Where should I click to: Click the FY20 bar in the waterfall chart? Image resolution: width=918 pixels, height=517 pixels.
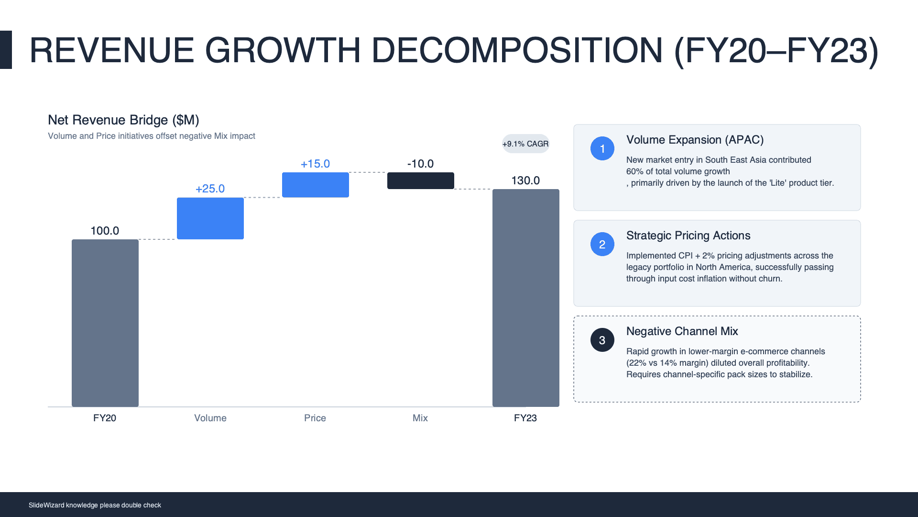pyautogui.click(x=105, y=323)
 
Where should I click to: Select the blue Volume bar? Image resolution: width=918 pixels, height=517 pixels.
pyautogui.click(x=210, y=218)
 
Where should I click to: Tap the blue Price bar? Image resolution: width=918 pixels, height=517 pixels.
pyautogui.click(x=316, y=185)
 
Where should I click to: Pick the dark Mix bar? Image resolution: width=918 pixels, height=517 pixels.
pyautogui.click(x=421, y=181)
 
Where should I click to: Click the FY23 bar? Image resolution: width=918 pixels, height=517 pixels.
pyautogui.click(x=526, y=298)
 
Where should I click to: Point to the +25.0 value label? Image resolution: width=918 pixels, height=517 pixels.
pyautogui.click(x=210, y=189)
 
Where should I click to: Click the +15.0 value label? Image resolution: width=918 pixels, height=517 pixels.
pyautogui.click(x=315, y=164)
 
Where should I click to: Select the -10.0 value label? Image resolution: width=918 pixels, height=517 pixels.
pyautogui.click(x=420, y=164)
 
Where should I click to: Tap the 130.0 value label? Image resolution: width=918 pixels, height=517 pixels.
pyautogui.click(x=525, y=180)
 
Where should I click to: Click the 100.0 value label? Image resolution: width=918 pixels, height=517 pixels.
pyautogui.click(x=105, y=231)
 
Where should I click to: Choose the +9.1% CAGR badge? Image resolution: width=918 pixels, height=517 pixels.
pyautogui.click(x=525, y=144)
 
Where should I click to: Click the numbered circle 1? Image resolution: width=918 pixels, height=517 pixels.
pyautogui.click(x=602, y=148)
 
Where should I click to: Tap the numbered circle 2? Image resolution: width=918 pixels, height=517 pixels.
pyautogui.click(x=602, y=244)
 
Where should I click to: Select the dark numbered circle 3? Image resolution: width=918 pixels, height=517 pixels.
pyautogui.click(x=602, y=340)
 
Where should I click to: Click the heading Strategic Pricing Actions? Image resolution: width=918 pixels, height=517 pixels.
pyautogui.click(x=688, y=236)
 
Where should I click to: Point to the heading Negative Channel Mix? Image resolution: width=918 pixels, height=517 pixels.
pyautogui.click(x=682, y=331)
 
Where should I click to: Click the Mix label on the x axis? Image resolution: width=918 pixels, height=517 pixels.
pyautogui.click(x=420, y=418)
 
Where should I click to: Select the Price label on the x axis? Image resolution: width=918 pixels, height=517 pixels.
pyautogui.click(x=315, y=418)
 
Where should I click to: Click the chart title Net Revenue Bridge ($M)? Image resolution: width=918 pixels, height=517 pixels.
pyautogui.click(x=123, y=120)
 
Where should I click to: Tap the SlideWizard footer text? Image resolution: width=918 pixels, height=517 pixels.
pyautogui.click(x=95, y=505)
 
